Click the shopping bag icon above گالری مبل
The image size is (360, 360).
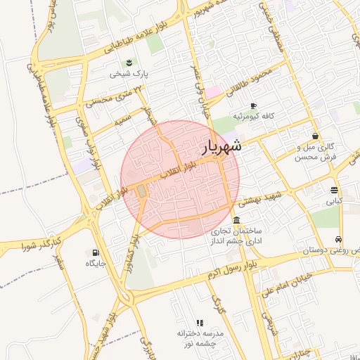(x=314, y=136)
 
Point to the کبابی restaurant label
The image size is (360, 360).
(x=333, y=201)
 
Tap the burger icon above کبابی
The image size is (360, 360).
(x=333, y=190)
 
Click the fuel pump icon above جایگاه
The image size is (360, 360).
(x=96, y=252)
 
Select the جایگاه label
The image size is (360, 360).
(x=96, y=264)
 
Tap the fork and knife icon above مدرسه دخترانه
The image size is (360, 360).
(x=200, y=322)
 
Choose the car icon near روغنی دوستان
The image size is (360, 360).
(x=339, y=240)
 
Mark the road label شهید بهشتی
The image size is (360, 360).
(x=257, y=197)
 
